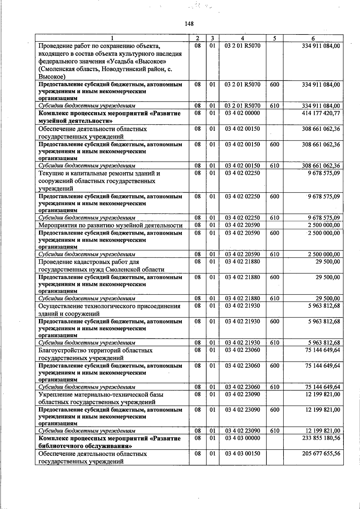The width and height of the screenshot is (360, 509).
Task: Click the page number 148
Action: pyautogui.click(x=189, y=24)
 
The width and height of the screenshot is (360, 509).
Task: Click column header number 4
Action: pyautogui.click(x=242, y=38)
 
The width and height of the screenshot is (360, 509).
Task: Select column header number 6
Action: pyautogui.click(x=313, y=38)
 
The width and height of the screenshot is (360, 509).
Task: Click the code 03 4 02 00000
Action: pyautogui.click(x=242, y=113)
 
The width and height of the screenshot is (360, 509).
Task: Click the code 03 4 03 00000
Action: pyautogui.click(x=242, y=438)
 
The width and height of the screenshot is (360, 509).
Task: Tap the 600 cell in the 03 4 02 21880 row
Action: pyautogui.click(x=274, y=277)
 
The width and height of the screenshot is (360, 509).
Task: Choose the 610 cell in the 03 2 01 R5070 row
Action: pyautogui.click(x=274, y=106)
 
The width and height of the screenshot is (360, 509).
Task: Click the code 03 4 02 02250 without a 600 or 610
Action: pyautogui.click(x=242, y=173)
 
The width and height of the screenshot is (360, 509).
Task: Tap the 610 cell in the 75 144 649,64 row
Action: pyautogui.click(x=274, y=387)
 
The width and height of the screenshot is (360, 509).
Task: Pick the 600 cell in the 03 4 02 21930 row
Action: pyautogui.click(x=274, y=322)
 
